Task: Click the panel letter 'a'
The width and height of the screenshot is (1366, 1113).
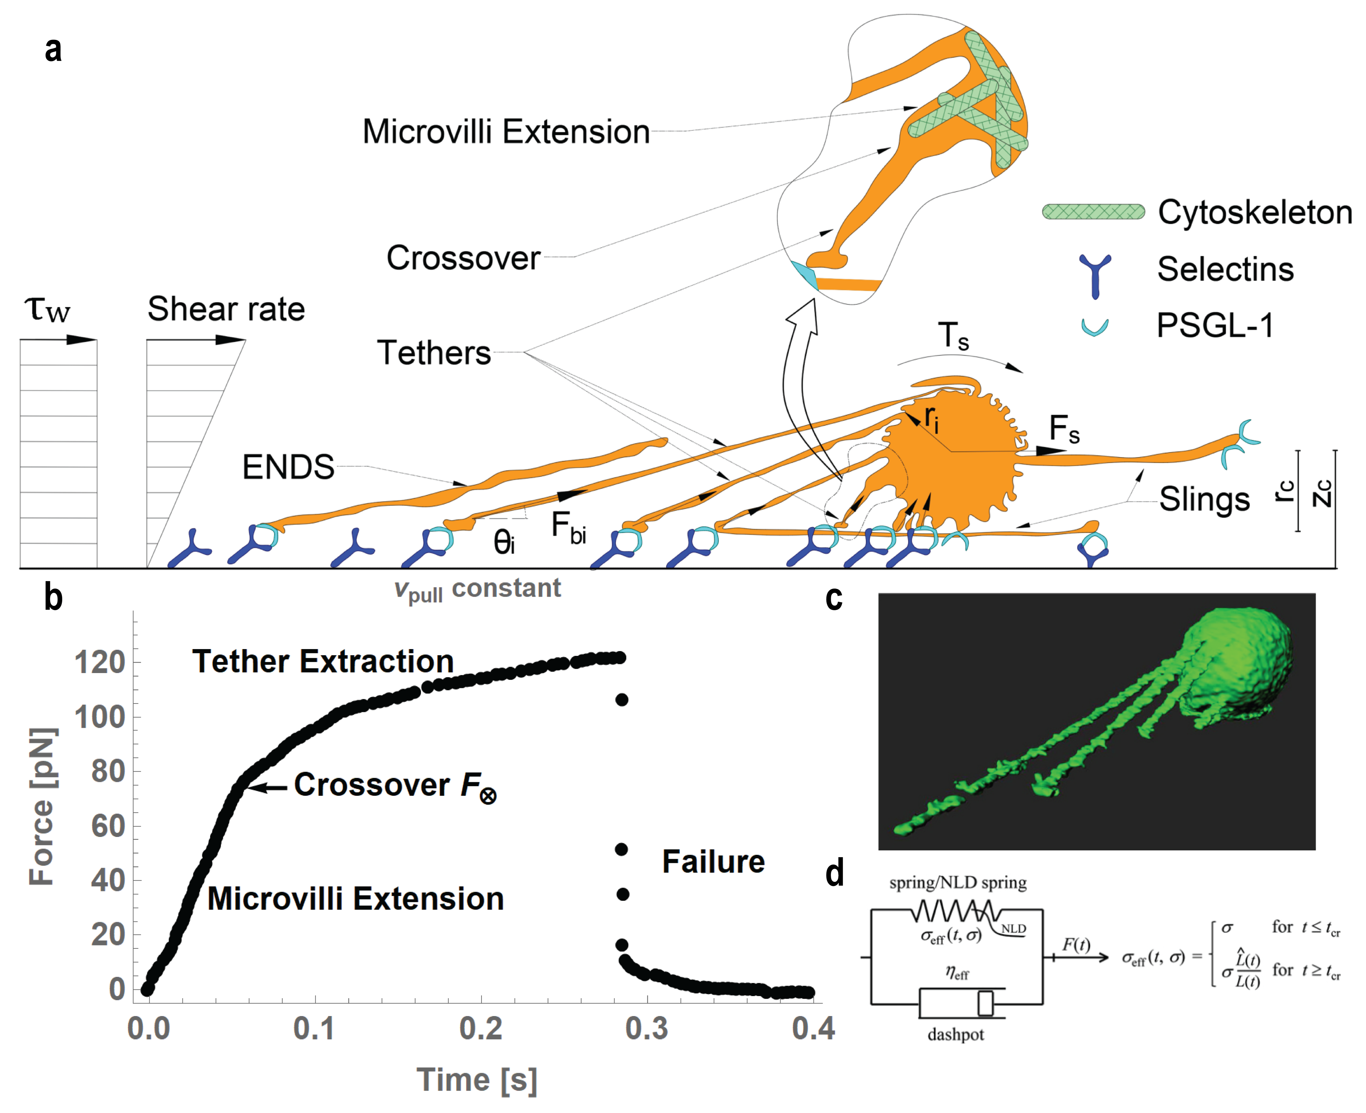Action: (x=53, y=50)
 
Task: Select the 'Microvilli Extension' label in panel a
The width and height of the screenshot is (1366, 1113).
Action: (x=506, y=132)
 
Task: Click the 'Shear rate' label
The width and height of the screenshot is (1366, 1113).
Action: (x=226, y=309)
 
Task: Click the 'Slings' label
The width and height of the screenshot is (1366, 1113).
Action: (x=1204, y=499)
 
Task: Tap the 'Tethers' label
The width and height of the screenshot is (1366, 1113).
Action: (x=434, y=353)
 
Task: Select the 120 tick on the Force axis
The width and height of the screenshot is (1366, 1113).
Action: (x=99, y=662)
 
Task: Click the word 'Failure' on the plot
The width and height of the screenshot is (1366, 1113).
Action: (x=713, y=862)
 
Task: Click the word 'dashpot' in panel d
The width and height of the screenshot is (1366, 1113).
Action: (x=955, y=1034)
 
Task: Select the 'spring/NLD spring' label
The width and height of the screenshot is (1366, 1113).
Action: (x=958, y=883)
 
